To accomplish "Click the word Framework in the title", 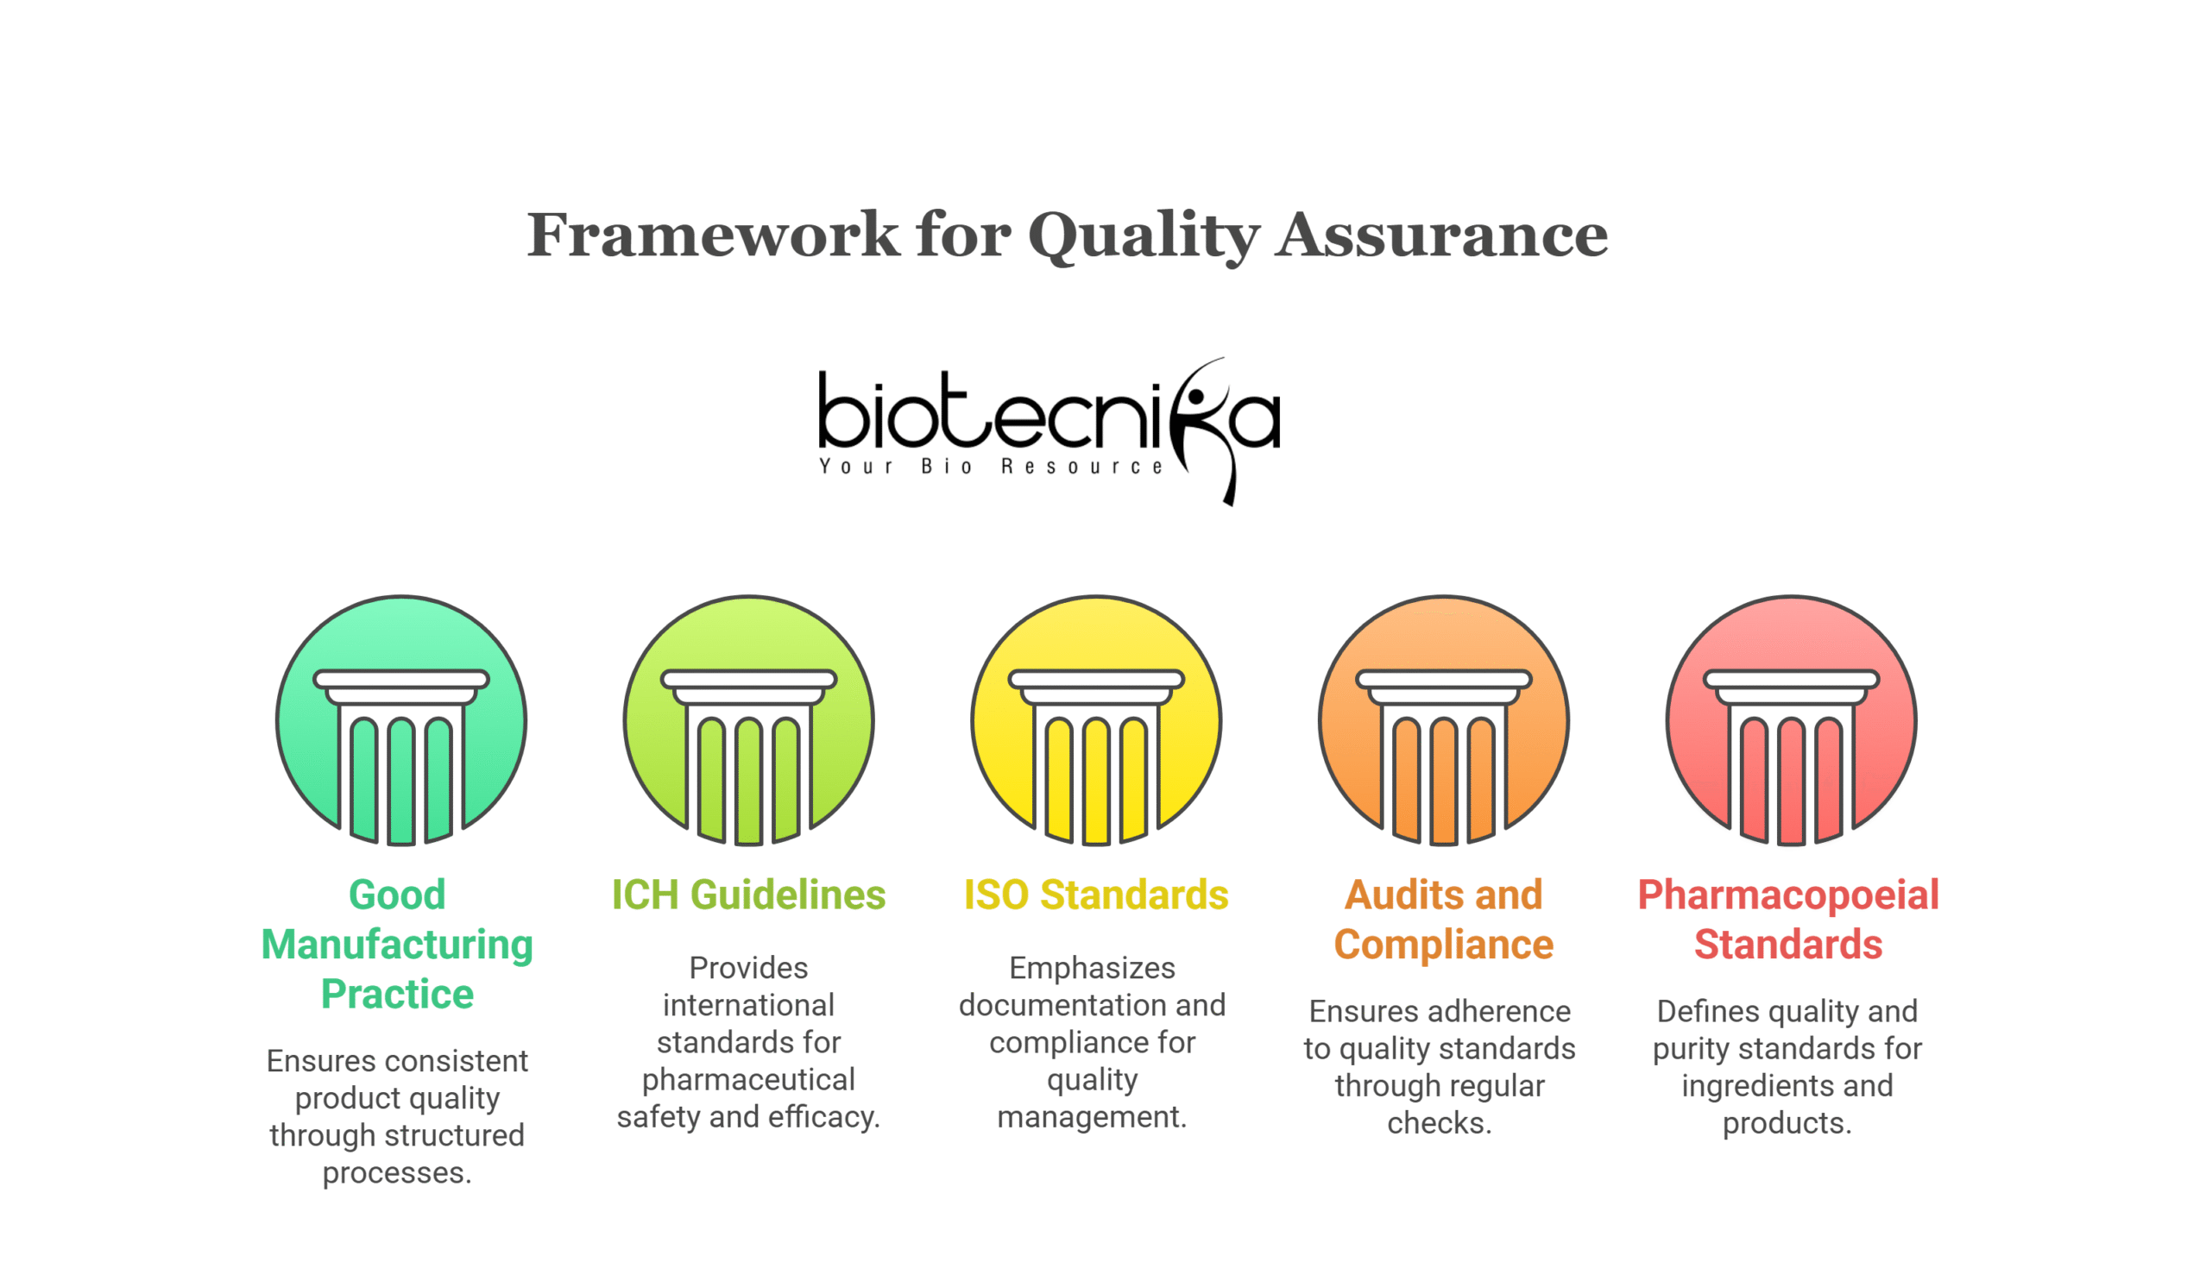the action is [x=713, y=235].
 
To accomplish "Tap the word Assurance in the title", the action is [x=1441, y=235].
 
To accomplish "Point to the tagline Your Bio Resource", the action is [x=990, y=467].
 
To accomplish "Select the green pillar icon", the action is [x=401, y=720].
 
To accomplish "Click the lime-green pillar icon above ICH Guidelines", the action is [x=748, y=720].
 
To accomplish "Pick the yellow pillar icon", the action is [x=1096, y=720].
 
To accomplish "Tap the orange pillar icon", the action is [x=1444, y=720].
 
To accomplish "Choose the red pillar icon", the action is [x=1791, y=720].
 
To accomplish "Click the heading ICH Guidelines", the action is [x=748, y=895].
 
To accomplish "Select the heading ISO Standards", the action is [x=1096, y=895].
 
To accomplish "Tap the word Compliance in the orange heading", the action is [x=1444, y=945].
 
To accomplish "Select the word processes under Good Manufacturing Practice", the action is [x=396, y=1173].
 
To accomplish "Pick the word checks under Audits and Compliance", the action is [x=1439, y=1122].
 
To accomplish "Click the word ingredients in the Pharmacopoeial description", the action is [x=1744, y=1087].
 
